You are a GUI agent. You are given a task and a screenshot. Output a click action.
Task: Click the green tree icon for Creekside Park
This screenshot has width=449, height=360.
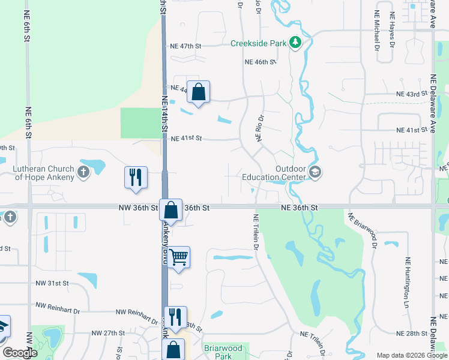coord(295,43)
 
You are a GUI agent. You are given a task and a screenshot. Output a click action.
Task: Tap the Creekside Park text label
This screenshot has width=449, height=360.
coord(259,43)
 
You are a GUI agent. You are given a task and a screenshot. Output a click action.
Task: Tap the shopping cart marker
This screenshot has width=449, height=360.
coord(179,257)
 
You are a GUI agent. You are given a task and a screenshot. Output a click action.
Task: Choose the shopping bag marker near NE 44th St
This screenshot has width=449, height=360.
coord(199,92)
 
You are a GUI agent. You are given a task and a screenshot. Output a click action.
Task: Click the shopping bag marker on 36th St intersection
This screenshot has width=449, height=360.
coord(171,211)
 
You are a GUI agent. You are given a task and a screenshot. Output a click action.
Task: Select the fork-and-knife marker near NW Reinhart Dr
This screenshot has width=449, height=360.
coord(175,317)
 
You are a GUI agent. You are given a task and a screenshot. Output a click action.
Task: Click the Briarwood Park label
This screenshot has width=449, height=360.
coord(222,352)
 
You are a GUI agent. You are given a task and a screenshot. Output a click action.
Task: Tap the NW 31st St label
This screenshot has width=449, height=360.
coord(52,283)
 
